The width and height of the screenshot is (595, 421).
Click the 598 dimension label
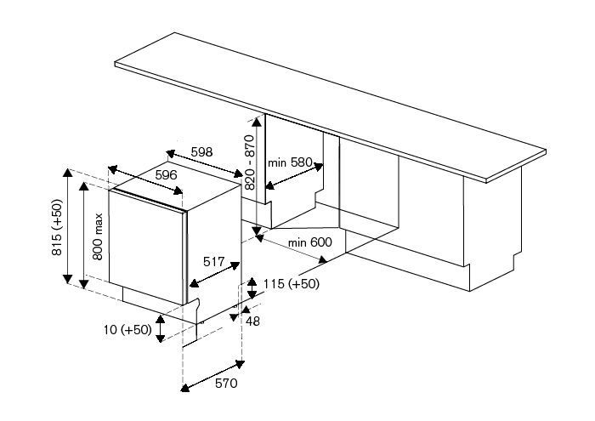pyautogui.click(x=201, y=151)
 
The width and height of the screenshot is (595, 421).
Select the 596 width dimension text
pyautogui.click(x=166, y=174)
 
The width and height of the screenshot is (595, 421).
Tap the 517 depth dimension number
pyautogui.click(x=213, y=263)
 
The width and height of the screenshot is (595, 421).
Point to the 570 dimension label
pyautogui.click(x=224, y=384)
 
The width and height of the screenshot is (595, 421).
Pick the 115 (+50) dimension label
pyautogui.click(x=292, y=283)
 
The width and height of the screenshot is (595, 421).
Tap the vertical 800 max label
pyautogui.click(x=98, y=236)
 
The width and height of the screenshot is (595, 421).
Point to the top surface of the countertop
pyautogui.click(x=323, y=102)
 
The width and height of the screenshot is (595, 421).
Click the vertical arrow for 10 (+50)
pyautogui.click(x=159, y=328)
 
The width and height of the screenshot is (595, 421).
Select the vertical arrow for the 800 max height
pyautogui.click(x=83, y=234)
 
